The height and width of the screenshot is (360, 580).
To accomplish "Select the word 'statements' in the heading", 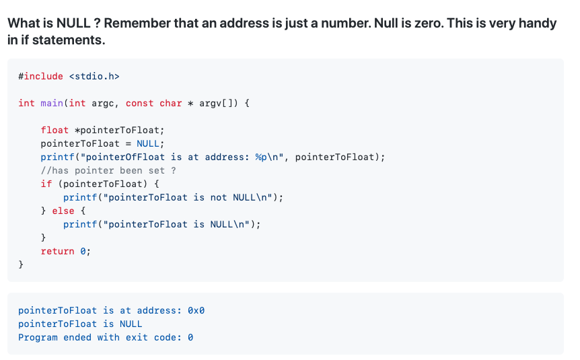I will tap(71, 40).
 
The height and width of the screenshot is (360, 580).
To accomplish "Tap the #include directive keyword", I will tap(41, 76).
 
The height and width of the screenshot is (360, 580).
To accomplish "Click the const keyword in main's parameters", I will tap(139, 103).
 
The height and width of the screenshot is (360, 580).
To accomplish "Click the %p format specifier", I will tap(261, 157).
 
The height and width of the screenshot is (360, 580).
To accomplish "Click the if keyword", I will tap(46, 184).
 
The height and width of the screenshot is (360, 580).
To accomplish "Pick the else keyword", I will tap(63, 211).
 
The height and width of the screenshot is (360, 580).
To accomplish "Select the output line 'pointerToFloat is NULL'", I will tap(80, 324).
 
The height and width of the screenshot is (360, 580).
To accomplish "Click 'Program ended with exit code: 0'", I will tap(106, 337).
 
